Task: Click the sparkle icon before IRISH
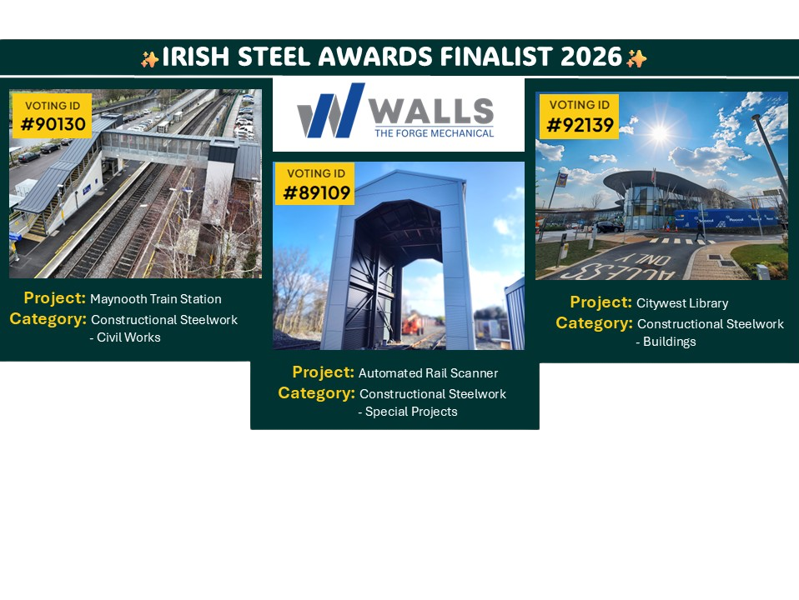pyautogui.click(x=150, y=59)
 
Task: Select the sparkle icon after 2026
pyautogui.click(x=636, y=58)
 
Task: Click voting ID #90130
pyautogui.click(x=53, y=124)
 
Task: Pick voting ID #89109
pyautogui.click(x=316, y=192)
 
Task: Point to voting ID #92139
pyautogui.click(x=580, y=125)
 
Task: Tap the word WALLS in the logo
pyautogui.click(x=431, y=111)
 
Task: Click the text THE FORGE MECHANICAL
pyautogui.click(x=435, y=133)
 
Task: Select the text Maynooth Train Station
pyautogui.click(x=156, y=299)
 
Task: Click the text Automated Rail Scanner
pyautogui.click(x=428, y=373)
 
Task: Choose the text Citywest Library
pyautogui.click(x=682, y=303)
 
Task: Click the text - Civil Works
pyautogui.click(x=125, y=337)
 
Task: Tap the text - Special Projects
pyautogui.click(x=408, y=412)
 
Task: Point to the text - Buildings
pyautogui.click(x=666, y=342)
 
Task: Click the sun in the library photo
pyautogui.click(x=660, y=133)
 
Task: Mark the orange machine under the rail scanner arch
pyautogui.click(x=413, y=323)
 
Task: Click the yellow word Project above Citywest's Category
pyautogui.click(x=601, y=302)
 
